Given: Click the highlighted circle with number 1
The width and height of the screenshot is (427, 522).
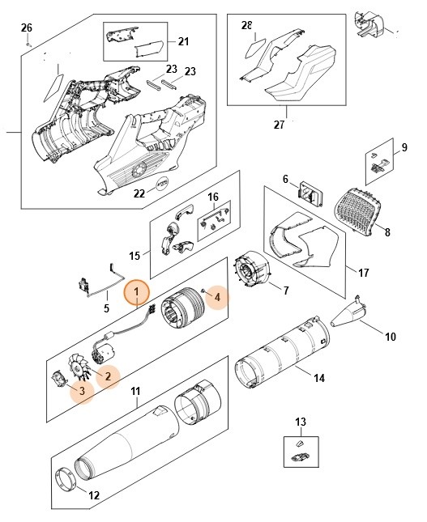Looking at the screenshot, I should tap(136, 291).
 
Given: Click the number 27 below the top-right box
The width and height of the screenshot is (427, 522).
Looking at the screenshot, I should tap(280, 124).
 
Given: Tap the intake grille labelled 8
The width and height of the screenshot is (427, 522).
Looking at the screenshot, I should tap(361, 209).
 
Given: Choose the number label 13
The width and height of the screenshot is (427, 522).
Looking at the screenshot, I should tap(301, 421).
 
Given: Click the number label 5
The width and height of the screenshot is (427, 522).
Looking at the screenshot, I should tap(107, 308).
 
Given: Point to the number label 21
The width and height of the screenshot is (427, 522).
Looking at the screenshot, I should tap(182, 41).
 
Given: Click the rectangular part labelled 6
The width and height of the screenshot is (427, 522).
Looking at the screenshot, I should tap(309, 195).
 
